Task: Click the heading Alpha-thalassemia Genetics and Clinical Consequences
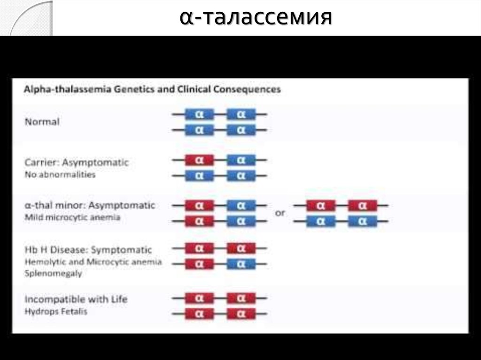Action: pos(153,89)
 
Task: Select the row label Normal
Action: pos(42,122)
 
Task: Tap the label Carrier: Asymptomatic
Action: pos(77,162)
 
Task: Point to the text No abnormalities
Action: pos(60,175)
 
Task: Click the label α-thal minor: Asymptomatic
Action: pos(90,206)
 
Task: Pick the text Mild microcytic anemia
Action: pos(72,218)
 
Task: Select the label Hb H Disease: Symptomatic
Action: pos(88,250)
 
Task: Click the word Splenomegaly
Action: pos(53,273)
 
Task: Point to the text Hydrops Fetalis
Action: pos(56,311)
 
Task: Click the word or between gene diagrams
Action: pos(280,213)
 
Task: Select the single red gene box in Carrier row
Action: pos(199,160)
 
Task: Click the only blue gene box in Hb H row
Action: pos(241,264)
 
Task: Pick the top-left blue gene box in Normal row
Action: pos(199,114)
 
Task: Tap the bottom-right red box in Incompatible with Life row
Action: pos(241,313)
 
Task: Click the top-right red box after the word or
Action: pos(362,206)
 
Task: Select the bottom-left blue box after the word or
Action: pos(321,221)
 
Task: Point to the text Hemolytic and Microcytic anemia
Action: pos(93,262)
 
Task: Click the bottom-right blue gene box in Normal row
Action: pos(241,130)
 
